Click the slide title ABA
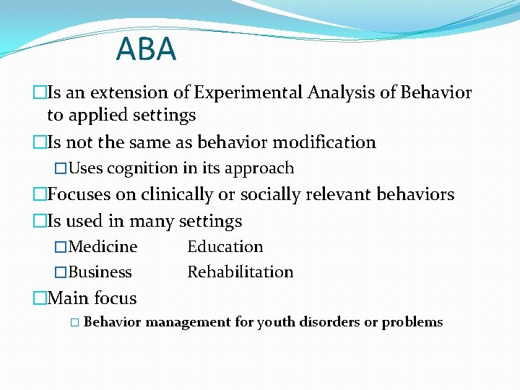(146, 49)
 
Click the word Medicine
(103, 247)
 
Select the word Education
(225, 247)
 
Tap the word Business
(100, 272)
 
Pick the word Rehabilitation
(240, 272)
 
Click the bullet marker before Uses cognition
(61, 168)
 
